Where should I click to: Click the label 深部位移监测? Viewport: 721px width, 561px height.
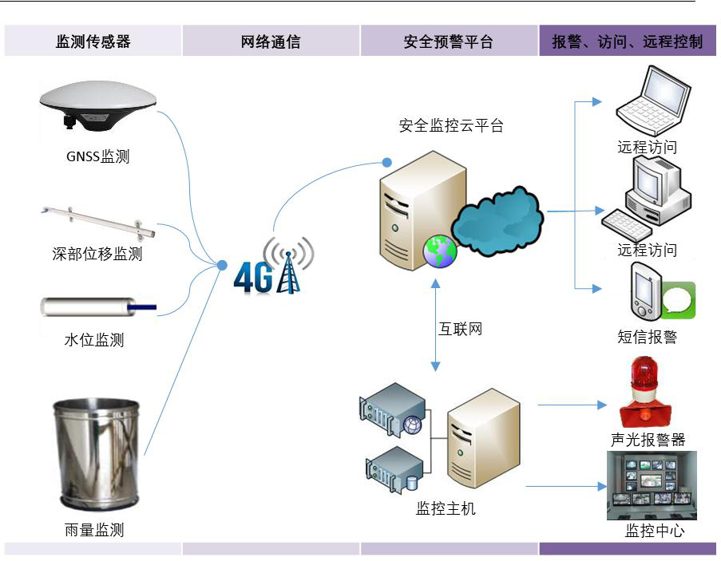97,255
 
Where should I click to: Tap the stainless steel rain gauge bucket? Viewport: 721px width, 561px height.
96,455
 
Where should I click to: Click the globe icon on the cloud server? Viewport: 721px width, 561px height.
440,251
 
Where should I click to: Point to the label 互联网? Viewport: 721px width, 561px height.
461,329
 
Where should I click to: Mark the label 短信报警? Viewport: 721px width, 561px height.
648,337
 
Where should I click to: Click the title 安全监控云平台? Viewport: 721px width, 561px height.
452,125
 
